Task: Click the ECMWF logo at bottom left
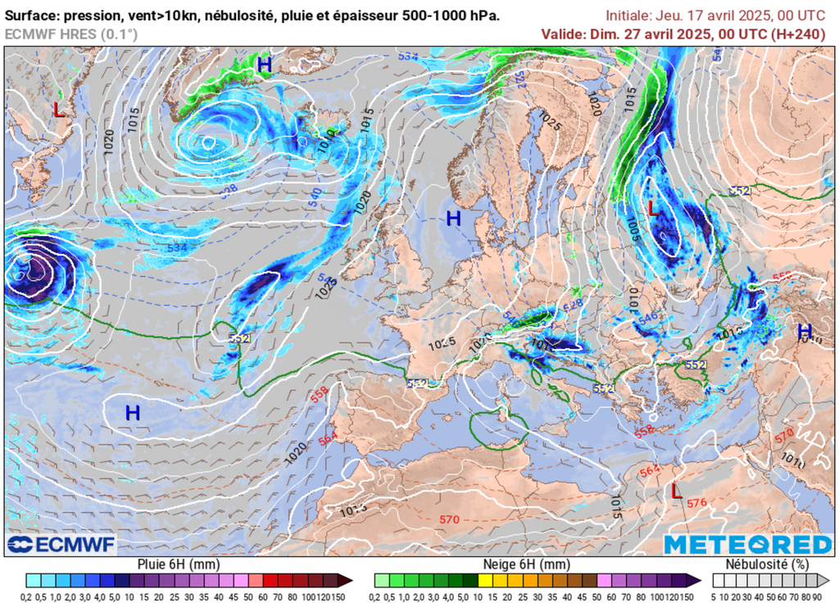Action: pos(61,544)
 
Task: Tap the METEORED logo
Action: pos(747,545)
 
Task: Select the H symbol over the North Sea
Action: pos(453,219)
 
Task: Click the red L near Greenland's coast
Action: pos(58,109)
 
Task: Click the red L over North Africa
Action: pos(675,492)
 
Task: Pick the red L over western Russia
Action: pos(653,209)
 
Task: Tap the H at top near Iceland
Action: pos(264,64)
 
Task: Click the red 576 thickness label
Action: pos(697,503)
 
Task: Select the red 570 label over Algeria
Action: pos(449,519)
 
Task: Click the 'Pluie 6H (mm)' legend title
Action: pos(179,564)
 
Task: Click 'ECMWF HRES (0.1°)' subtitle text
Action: pos(71,34)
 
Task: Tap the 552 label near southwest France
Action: pos(418,383)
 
